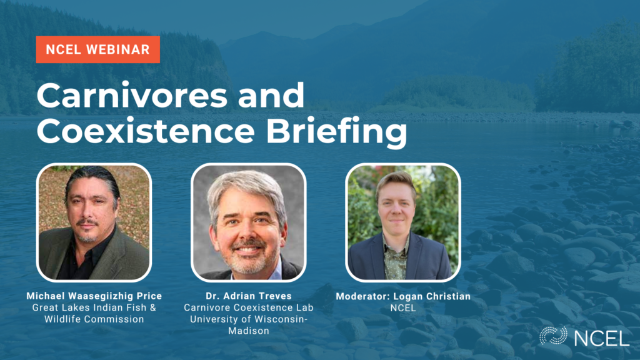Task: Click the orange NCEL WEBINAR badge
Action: click(x=98, y=49)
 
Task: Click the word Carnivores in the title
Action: click(x=132, y=95)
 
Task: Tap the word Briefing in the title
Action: click(x=336, y=132)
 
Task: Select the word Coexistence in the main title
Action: click(x=146, y=131)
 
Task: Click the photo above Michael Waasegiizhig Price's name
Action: click(x=94, y=222)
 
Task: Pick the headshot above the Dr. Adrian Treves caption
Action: click(x=248, y=222)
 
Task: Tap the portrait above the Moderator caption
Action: click(x=403, y=222)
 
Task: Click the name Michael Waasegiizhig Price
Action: click(x=94, y=296)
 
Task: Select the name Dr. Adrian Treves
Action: click(x=249, y=296)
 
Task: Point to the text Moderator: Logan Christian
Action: click(x=403, y=296)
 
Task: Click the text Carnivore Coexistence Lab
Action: click(x=249, y=307)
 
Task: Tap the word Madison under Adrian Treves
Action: click(x=249, y=331)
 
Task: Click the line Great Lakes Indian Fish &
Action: click(x=94, y=307)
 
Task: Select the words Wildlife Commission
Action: click(x=94, y=319)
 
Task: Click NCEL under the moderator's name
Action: click(x=403, y=307)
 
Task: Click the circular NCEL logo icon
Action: click(x=554, y=336)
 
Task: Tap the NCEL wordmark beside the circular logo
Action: click(x=601, y=338)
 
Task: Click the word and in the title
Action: click(x=271, y=95)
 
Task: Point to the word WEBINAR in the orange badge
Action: click(x=118, y=49)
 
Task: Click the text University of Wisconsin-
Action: click(x=249, y=319)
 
